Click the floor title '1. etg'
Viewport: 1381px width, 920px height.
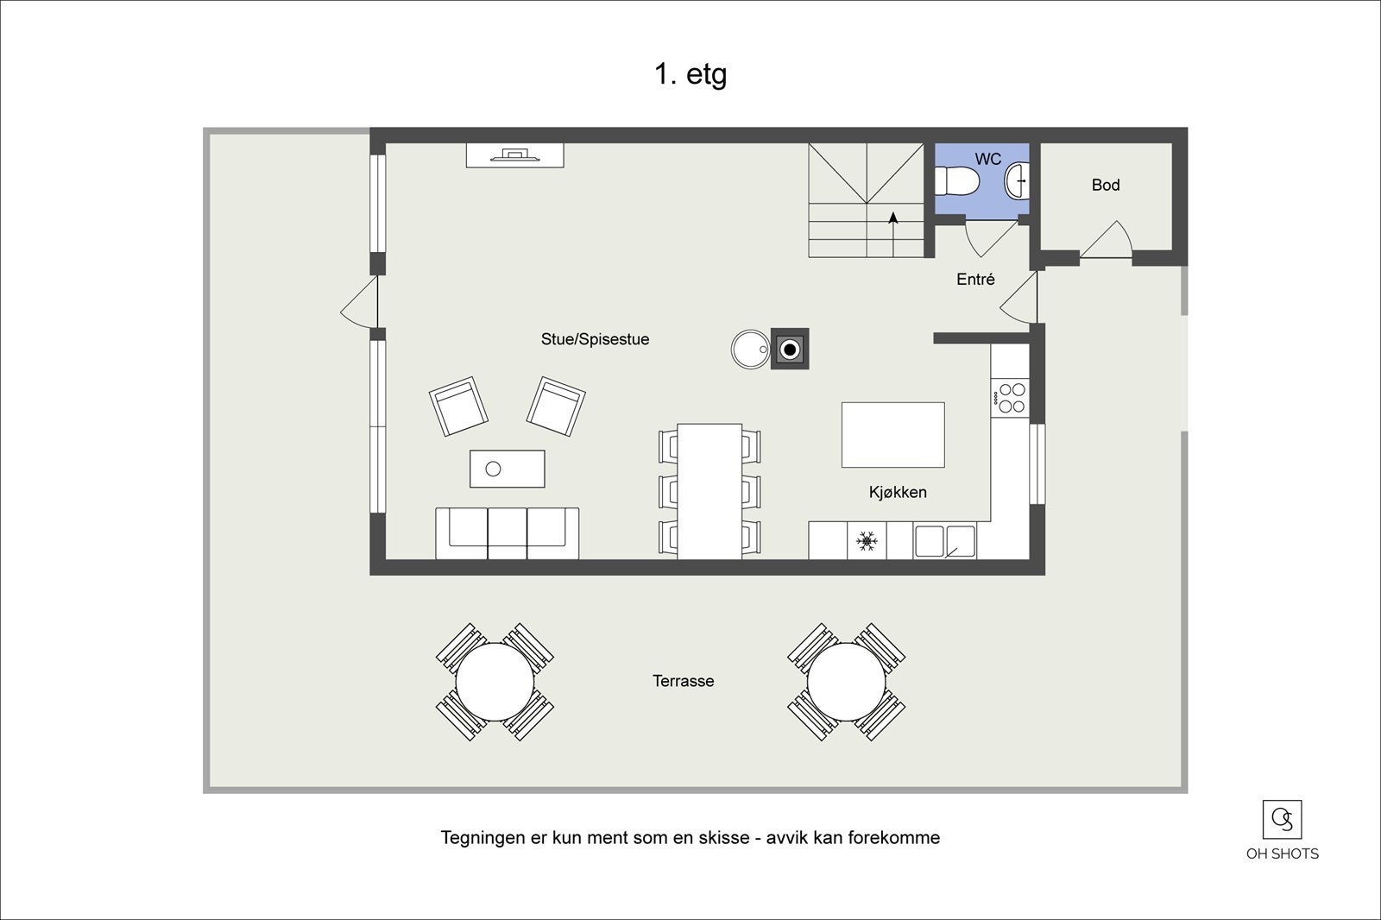[x=690, y=74]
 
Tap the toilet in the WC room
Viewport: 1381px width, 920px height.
[x=957, y=181]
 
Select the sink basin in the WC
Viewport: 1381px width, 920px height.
[x=1018, y=181]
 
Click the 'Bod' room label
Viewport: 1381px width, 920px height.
[x=1106, y=185]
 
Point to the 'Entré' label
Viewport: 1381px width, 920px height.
[x=975, y=280]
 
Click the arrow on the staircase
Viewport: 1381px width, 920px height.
[x=893, y=219]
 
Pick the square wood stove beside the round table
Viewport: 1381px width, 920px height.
[x=790, y=350]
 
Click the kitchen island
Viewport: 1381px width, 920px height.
[x=892, y=435]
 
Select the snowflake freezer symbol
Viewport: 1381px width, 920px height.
[x=867, y=541]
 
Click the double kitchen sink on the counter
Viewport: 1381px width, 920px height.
[x=944, y=541]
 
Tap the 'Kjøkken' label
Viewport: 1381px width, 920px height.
[x=898, y=493]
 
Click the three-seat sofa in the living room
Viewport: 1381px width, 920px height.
[x=507, y=532]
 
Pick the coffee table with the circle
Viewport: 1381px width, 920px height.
[x=508, y=469]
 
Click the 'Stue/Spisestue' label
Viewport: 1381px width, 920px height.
[x=595, y=340]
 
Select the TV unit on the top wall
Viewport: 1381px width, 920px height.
[x=514, y=155]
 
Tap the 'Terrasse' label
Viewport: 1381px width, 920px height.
[x=683, y=681]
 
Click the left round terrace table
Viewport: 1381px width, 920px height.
[x=495, y=682]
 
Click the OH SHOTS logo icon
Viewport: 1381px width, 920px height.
[x=1282, y=820]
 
